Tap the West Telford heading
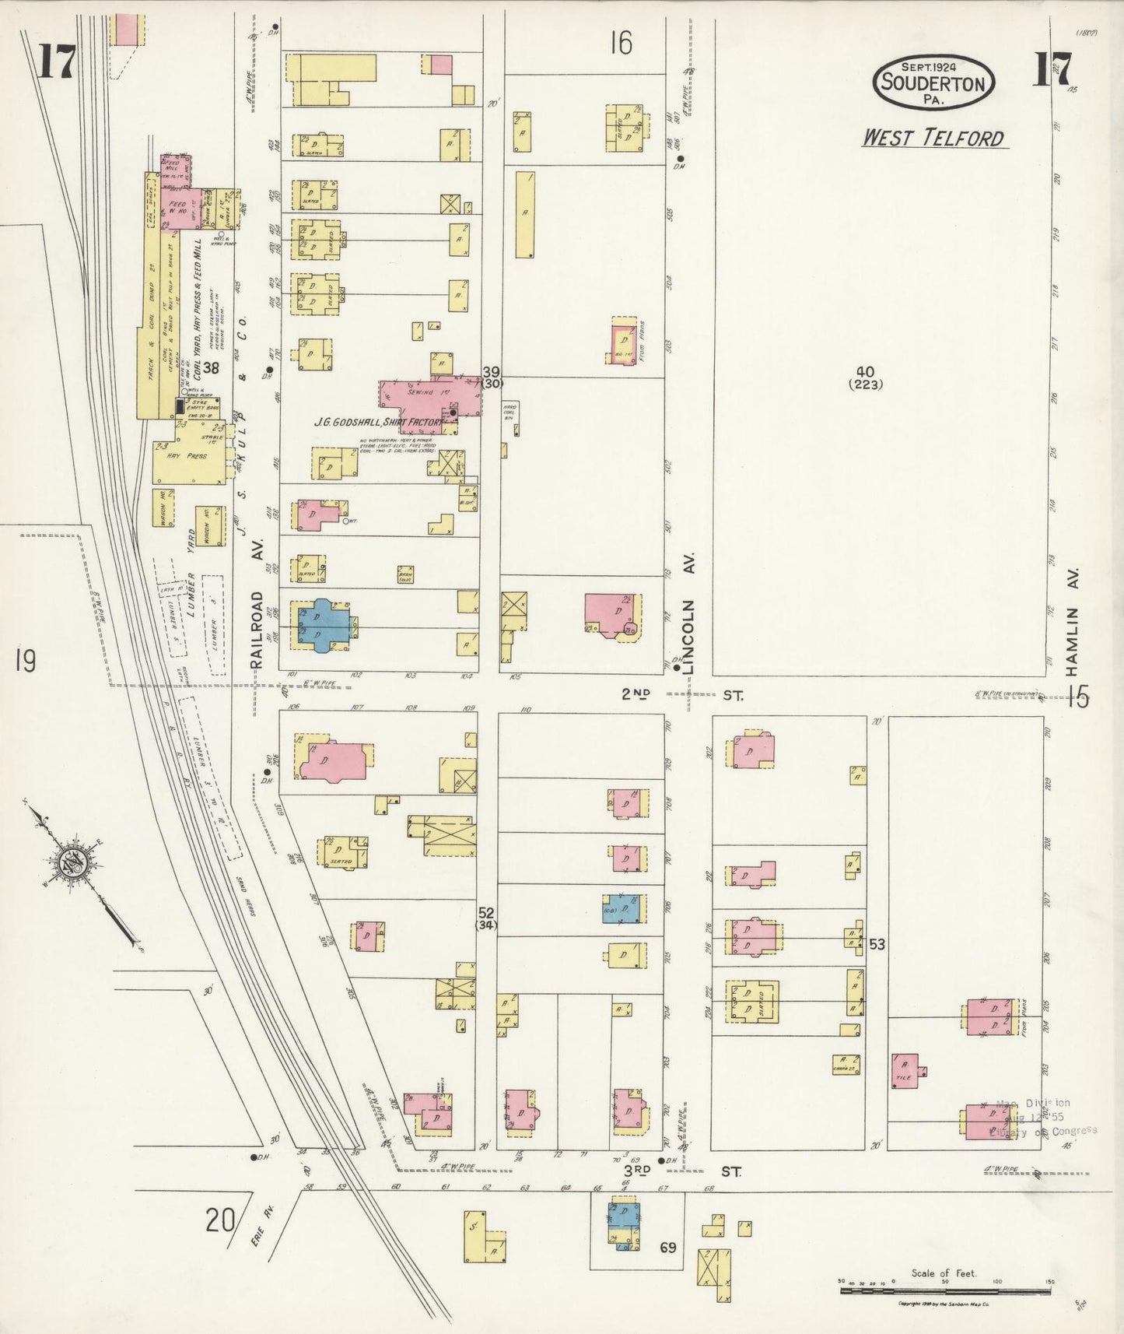point(933,139)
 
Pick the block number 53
point(877,945)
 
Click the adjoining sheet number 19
point(24,662)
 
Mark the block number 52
point(487,912)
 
